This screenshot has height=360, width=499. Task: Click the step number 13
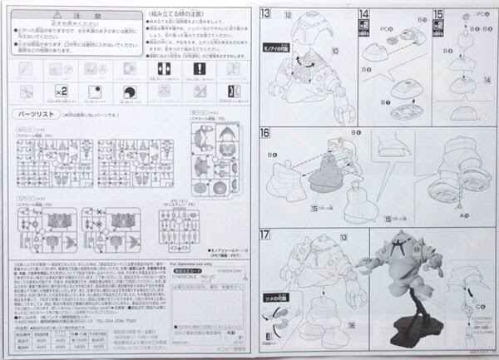click(265, 13)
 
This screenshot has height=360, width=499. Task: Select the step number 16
click(265, 133)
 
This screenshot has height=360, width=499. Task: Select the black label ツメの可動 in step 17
click(274, 296)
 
